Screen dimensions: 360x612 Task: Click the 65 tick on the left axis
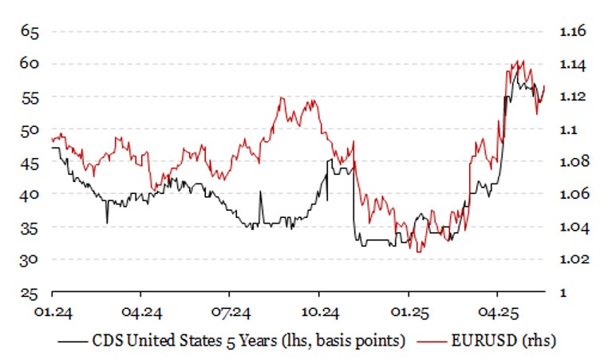coord(30,32)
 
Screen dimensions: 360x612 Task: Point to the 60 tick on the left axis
coord(30,64)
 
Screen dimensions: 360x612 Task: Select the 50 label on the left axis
coord(30,129)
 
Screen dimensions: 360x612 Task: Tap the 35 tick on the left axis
coord(30,227)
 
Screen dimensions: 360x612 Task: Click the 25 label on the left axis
coord(30,292)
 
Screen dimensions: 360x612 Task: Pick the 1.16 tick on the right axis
coord(573,31)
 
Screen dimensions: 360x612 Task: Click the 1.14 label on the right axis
coord(573,64)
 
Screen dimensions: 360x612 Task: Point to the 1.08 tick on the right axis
coord(573,162)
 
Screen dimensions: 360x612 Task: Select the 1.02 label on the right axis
coord(573,260)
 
